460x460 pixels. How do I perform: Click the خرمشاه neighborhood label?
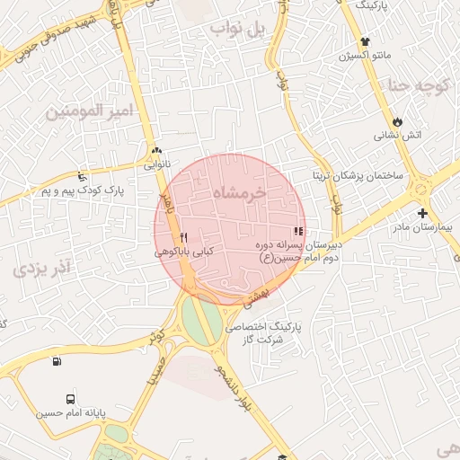click(x=240, y=193)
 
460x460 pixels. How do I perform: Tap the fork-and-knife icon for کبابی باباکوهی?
click(x=183, y=237)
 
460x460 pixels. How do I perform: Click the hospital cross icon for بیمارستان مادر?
click(x=422, y=213)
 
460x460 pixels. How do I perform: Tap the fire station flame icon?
click(x=397, y=121)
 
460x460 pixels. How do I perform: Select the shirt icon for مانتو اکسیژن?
click(x=365, y=41)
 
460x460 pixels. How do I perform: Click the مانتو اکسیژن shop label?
click(x=365, y=57)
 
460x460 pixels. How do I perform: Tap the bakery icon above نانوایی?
click(x=157, y=150)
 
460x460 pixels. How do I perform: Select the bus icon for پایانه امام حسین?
click(x=70, y=399)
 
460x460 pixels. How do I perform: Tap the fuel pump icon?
click(x=57, y=361)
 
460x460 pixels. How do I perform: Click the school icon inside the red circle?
click(x=298, y=231)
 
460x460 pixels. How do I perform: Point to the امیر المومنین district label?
click(x=88, y=111)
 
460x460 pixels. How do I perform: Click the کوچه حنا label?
click(x=417, y=87)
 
